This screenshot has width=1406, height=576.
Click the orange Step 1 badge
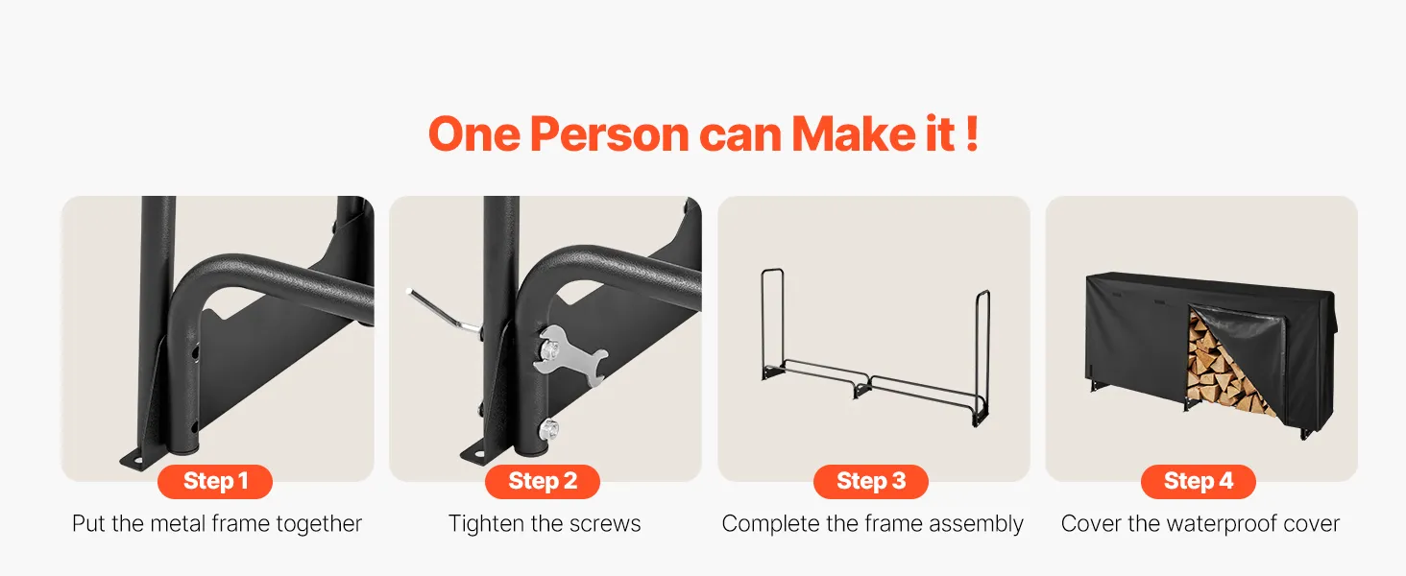tap(215, 481)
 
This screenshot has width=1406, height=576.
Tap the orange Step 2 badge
tap(543, 481)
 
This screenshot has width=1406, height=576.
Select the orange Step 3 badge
tap(871, 481)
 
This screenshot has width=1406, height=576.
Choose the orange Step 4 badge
tap(1199, 481)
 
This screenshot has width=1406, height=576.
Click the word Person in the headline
tap(610, 134)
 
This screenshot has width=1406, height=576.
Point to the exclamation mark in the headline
tap(972, 133)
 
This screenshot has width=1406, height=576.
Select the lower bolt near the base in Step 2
tap(548, 429)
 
